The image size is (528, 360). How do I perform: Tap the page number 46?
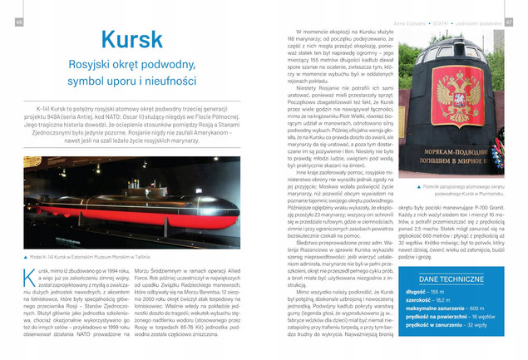click(18, 22)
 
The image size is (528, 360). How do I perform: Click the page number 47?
click(511, 22)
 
